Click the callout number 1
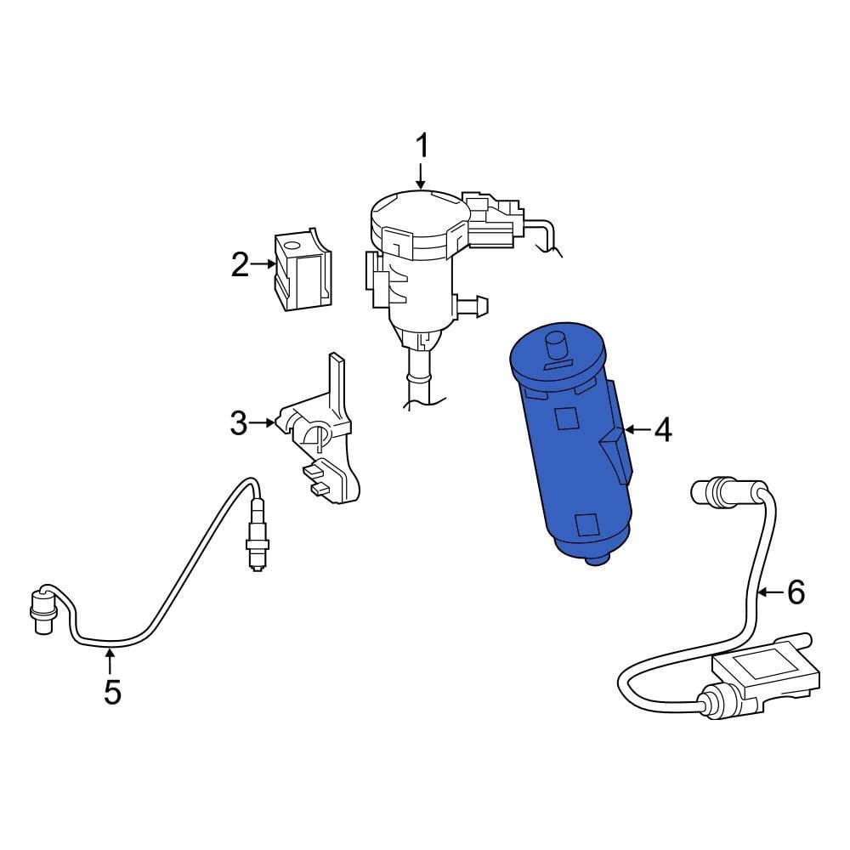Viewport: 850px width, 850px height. tap(422, 146)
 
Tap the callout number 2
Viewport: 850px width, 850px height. tap(241, 266)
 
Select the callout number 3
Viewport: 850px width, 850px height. tap(239, 422)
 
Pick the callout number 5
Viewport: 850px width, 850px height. tap(112, 692)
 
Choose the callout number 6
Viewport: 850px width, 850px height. tap(795, 592)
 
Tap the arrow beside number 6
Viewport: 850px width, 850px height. tap(768, 592)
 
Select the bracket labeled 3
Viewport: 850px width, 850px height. tap(323, 433)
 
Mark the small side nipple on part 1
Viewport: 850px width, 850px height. tap(478, 302)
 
